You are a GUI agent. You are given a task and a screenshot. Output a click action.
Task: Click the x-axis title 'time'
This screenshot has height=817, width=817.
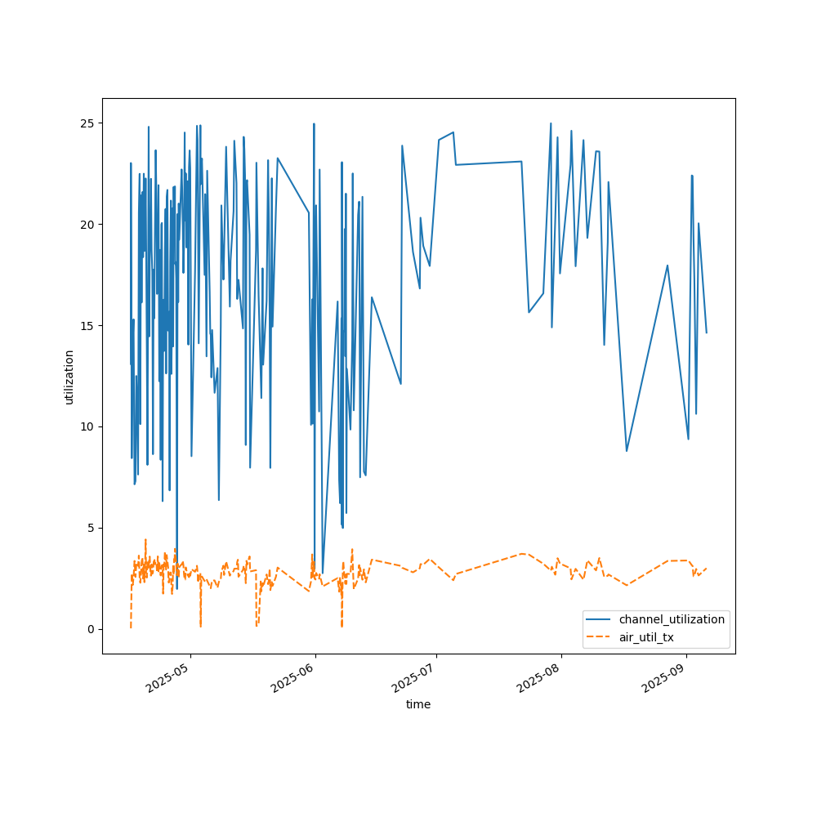(x=418, y=704)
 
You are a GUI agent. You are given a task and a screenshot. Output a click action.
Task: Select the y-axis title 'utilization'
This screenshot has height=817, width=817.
(x=69, y=377)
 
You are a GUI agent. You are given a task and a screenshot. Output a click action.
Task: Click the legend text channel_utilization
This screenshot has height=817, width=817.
(x=672, y=619)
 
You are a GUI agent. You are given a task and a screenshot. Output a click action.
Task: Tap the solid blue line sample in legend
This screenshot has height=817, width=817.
(x=600, y=619)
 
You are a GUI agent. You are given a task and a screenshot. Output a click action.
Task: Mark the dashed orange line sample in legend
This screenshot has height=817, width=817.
(x=600, y=636)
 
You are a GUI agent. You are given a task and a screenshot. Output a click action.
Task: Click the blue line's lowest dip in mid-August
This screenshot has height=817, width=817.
(x=627, y=451)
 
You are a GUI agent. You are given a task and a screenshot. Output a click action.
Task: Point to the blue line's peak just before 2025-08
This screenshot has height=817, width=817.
(x=551, y=123)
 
